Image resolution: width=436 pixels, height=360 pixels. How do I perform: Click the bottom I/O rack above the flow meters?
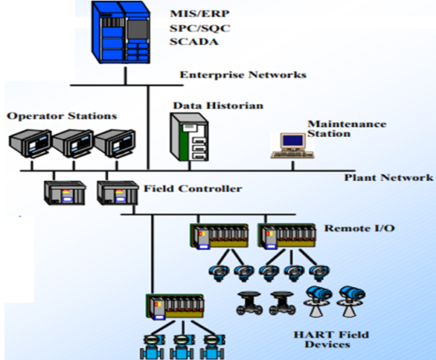173,306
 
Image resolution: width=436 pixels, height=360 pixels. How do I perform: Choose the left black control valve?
247,301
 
